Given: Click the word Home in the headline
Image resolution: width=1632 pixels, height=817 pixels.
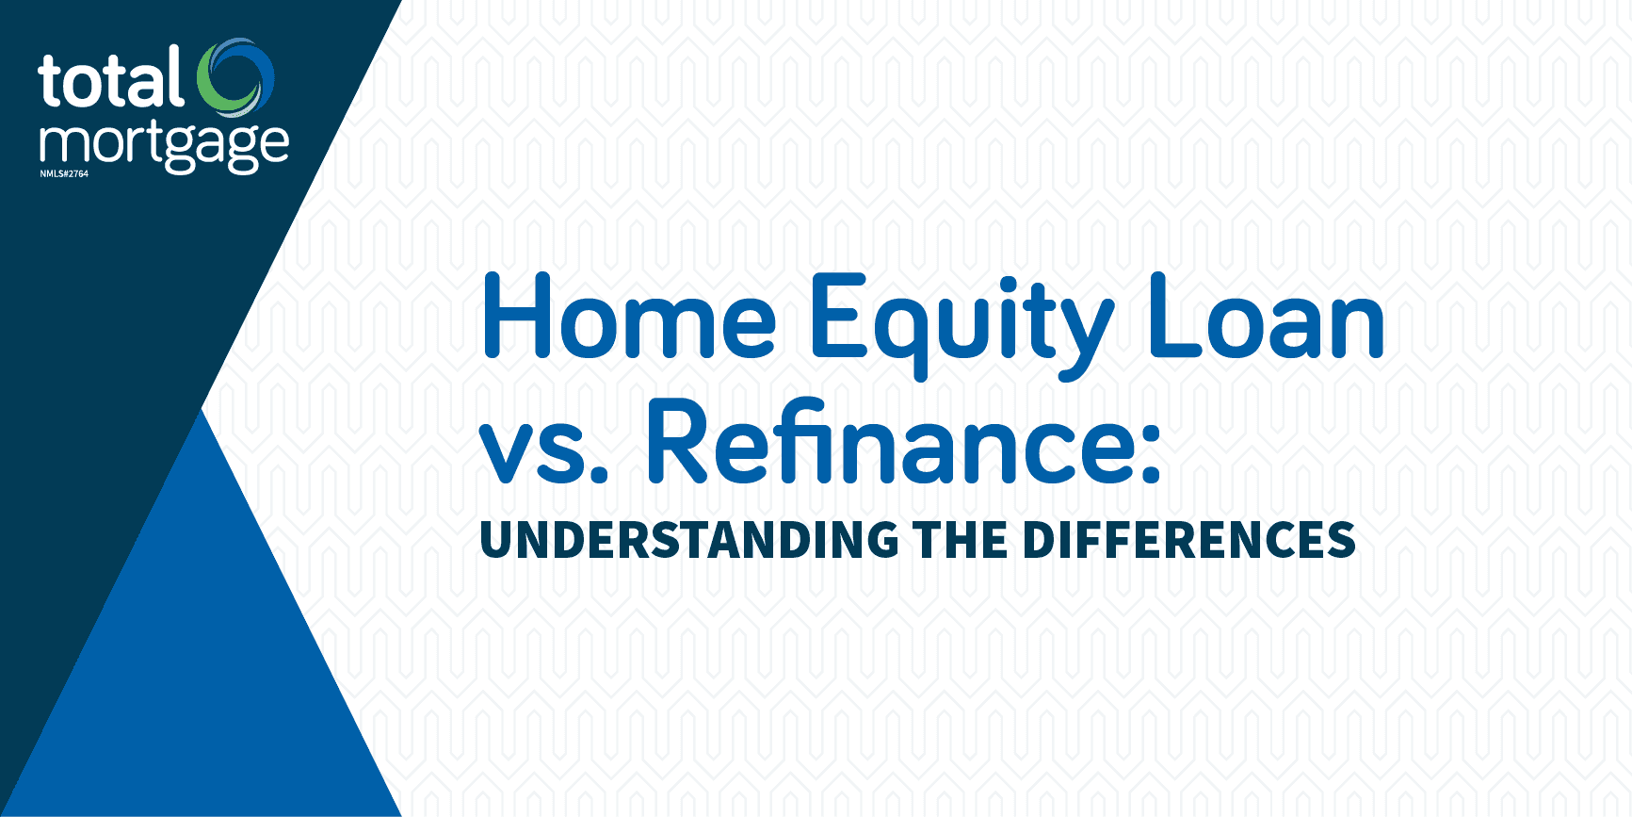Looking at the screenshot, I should [x=629, y=318].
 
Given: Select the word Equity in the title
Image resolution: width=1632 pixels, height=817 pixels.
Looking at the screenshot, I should [x=961, y=320].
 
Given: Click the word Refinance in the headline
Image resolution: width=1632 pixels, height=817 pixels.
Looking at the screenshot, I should [x=890, y=441].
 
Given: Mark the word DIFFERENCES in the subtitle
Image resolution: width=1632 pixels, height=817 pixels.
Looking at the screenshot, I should [x=1188, y=541].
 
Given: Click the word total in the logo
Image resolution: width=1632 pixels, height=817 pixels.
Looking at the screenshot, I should [x=111, y=81].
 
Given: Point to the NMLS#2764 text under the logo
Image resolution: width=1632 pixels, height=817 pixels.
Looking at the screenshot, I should [x=64, y=174].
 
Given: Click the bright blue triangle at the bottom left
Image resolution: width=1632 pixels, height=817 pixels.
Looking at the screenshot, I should [x=202, y=660].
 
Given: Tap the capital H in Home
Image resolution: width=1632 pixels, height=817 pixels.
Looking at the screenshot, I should [x=516, y=317].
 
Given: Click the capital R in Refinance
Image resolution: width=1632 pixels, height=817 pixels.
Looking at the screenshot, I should [x=676, y=441].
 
